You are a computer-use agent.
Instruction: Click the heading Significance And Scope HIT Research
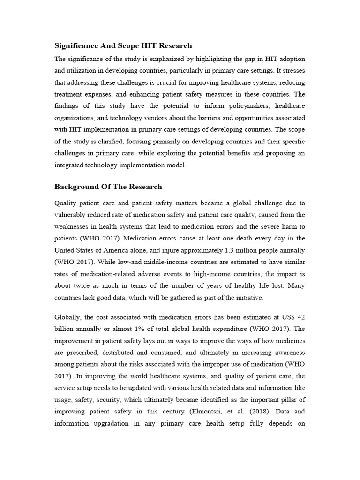[x=123, y=46]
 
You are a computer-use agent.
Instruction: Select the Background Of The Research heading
[x=108, y=187]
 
